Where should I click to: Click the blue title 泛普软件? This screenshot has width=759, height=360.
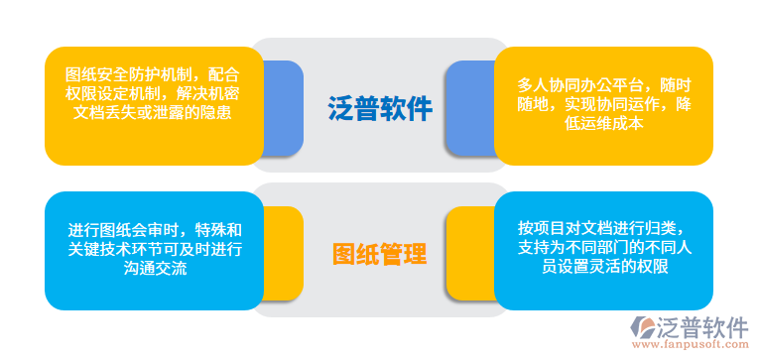[x=380, y=108]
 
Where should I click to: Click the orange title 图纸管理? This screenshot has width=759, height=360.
[x=380, y=255]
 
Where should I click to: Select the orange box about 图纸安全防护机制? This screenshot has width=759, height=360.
[x=154, y=105]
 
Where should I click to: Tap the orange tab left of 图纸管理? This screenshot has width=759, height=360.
[x=284, y=254]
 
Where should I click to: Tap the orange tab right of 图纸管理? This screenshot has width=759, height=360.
[x=468, y=254]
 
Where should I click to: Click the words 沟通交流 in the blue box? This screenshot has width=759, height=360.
[x=154, y=268]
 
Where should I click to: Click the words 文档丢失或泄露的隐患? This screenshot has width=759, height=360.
[x=154, y=112]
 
